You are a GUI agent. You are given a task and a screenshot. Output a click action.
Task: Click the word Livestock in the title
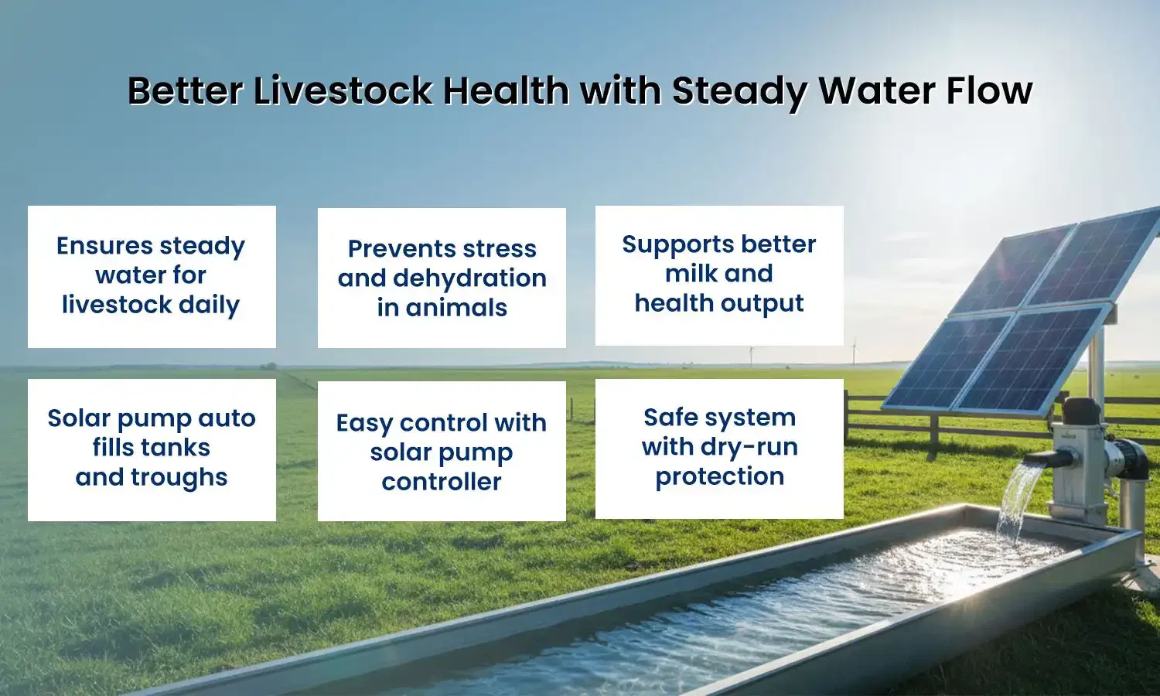pyautogui.click(x=344, y=91)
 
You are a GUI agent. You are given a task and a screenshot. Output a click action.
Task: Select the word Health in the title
pyautogui.click(x=506, y=91)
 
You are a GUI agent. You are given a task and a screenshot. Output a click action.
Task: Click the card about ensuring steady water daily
pyautogui.click(x=152, y=276)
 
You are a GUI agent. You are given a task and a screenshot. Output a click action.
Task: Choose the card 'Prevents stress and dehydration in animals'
pyautogui.click(x=442, y=278)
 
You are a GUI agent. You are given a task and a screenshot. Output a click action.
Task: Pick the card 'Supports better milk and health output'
pyautogui.click(x=719, y=275)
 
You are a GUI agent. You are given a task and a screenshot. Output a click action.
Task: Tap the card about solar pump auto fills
pyautogui.click(x=152, y=449)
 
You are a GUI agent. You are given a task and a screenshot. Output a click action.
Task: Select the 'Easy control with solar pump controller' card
pyautogui.click(x=442, y=451)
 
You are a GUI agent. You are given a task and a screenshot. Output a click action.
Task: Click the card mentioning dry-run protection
pyautogui.click(x=719, y=448)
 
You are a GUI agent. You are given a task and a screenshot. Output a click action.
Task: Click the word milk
pyautogui.click(x=691, y=274)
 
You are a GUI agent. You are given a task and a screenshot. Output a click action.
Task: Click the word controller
pyautogui.click(x=442, y=482)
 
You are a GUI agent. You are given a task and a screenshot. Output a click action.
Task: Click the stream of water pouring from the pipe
pyautogui.click(x=1014, y=499)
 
